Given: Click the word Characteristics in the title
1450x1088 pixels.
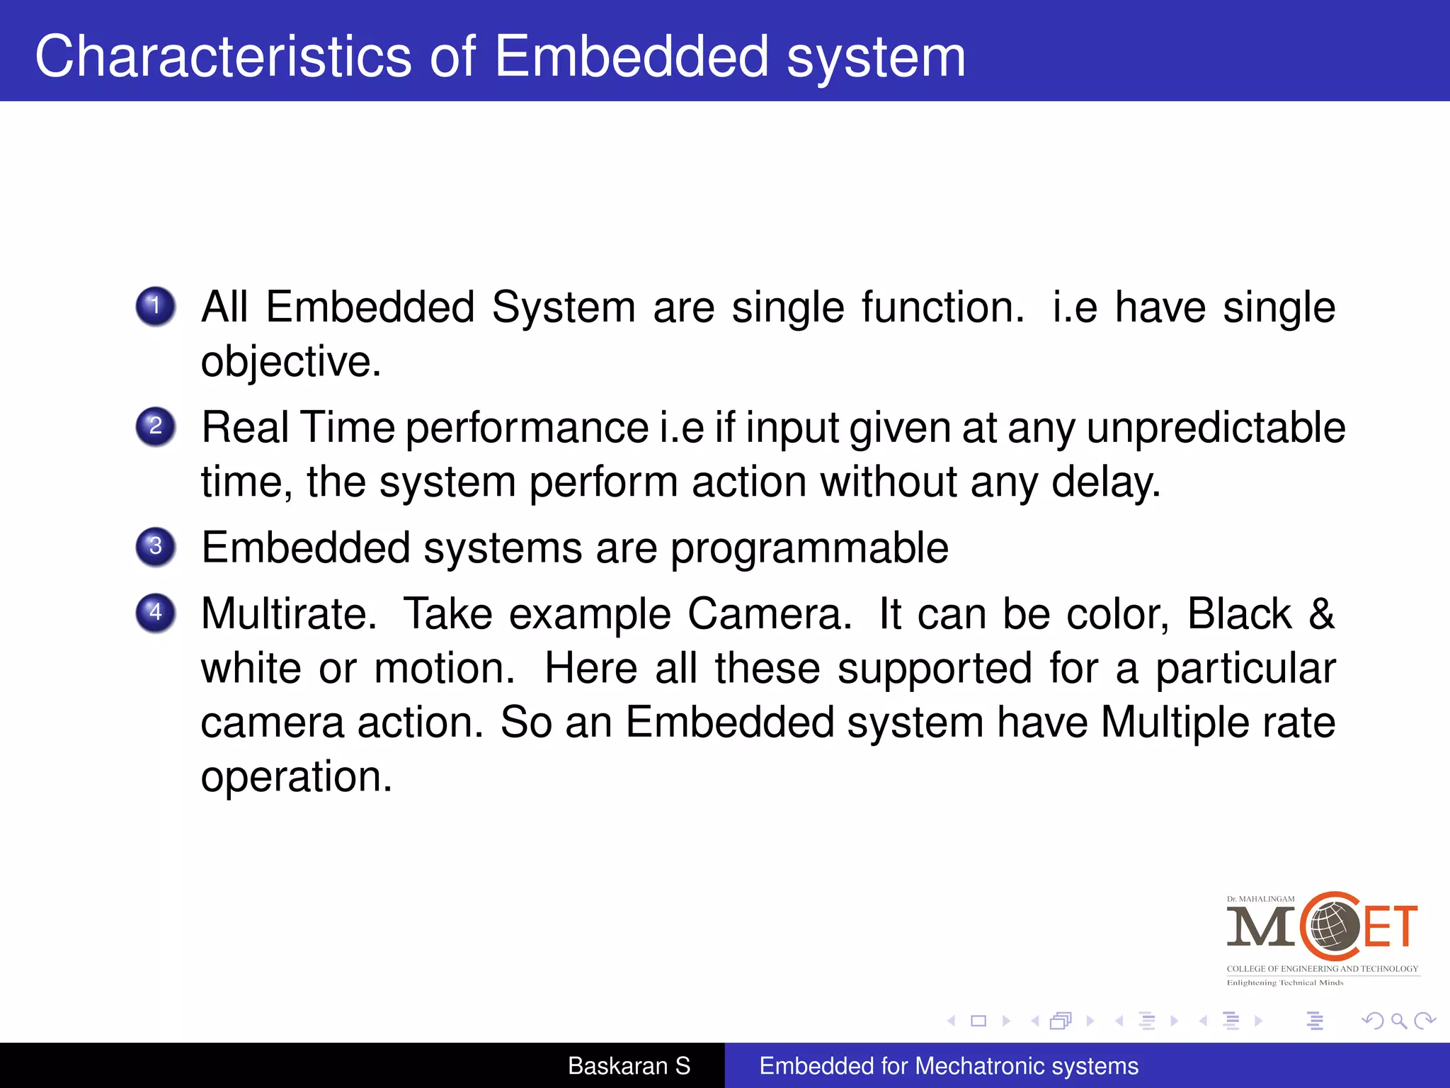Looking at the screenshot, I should [x=223, y=57].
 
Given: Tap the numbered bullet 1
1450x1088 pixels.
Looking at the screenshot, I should [x=156, y=306].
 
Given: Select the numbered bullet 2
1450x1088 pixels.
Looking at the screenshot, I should [x=156, y=426].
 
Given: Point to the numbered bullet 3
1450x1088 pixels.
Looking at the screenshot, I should [x=156, y=547].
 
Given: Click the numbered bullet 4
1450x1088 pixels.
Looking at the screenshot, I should [x=156, y=613].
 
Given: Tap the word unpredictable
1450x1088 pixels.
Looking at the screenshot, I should [x=1215, y=428].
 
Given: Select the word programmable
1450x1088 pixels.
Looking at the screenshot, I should [x=809, y=548].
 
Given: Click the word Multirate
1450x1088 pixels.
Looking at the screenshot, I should [x=287, y=613].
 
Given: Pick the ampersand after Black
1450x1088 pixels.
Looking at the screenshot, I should [x=1321, y=613].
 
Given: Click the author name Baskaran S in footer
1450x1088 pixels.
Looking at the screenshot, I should [x=629, y=1066].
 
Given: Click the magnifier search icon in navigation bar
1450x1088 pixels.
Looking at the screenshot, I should [x=1398, y=1021].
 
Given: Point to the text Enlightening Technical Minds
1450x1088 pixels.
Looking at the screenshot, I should [x=1284, y=982].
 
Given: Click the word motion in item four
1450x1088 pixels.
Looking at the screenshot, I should [x=443, y=668].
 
